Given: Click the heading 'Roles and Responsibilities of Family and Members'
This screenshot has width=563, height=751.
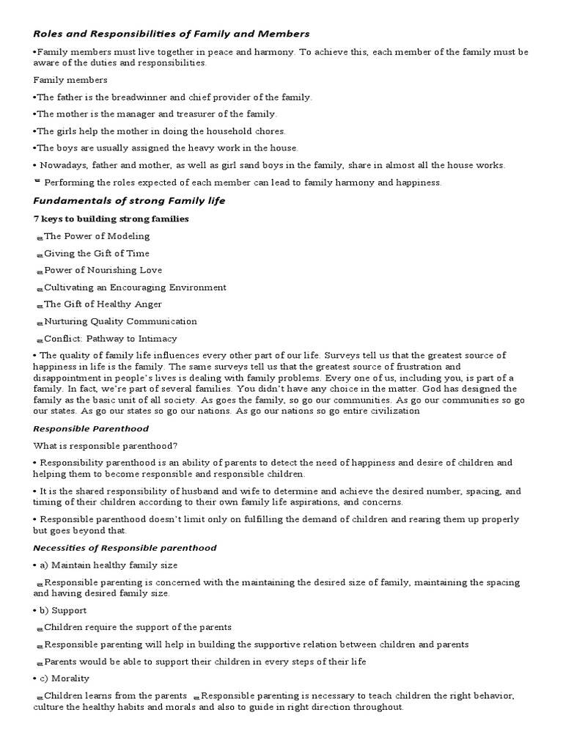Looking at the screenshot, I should pos(172,34).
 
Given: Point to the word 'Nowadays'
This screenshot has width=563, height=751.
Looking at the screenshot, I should pos(61,165).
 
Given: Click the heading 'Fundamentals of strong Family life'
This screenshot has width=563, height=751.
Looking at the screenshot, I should pos(129,200).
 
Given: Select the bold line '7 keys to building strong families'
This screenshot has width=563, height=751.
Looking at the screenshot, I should pos(111,219).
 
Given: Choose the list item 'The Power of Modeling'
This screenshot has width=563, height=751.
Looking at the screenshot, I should pos(97,236).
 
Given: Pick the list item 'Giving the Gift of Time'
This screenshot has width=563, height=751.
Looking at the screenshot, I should pos(97,253).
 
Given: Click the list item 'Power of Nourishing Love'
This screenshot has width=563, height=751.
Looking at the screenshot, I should pos(103,270).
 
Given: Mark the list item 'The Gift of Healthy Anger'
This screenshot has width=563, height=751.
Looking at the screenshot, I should pos(103,304).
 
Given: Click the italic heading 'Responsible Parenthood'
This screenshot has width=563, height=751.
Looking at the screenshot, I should pos(91,428).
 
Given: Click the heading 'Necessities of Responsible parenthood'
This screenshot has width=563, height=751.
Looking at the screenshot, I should pos(125,548).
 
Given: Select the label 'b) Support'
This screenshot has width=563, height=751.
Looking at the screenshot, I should pos(63,610).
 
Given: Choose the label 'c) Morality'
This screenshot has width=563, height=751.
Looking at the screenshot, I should pos(65,678).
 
